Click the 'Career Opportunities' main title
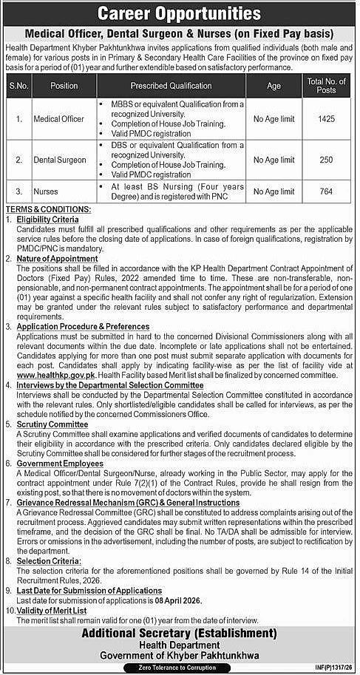point(180,13)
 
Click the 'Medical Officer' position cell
point(64,119)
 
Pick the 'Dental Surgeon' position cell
point(64,160)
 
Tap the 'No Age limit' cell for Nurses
point(274,191)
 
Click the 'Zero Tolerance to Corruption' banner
point(180,667)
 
